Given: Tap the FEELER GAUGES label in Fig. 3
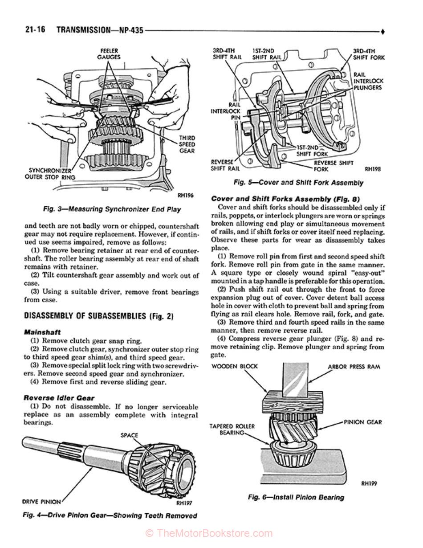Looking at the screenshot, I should pos(109,54).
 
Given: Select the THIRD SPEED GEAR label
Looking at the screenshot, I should pos(187,144).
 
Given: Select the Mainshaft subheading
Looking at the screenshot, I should pos(42,332).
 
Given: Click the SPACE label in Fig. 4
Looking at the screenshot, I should pos(129,435).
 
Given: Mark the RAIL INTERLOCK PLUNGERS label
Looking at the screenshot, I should pos(367,82).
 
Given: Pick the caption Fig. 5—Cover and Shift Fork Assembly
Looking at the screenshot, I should pos(298,183).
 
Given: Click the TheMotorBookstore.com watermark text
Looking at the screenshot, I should pos(209,533).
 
